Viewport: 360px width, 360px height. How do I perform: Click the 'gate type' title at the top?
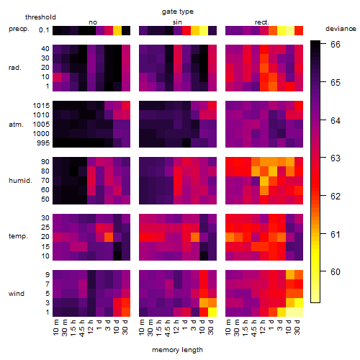click(x=178, y=12)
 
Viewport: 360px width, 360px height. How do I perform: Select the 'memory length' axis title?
click(x=178, y=350)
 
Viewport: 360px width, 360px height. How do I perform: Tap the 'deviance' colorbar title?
click(x=341, y=29)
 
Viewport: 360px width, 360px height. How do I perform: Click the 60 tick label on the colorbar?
click(x=336, y=272)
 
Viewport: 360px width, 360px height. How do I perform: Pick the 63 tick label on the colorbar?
click(x=336, y=158)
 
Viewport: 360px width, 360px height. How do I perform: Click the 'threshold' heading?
click(x=40, y=17)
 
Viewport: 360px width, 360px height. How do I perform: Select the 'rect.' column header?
click(x=262, y=22)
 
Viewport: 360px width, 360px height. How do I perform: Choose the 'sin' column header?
click(x=177, y=22)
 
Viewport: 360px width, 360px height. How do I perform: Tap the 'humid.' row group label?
click(x=20, y=181)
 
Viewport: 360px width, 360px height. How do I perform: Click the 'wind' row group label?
click(x=17, y=294)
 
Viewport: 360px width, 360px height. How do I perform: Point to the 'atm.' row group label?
click(x=16, y=125)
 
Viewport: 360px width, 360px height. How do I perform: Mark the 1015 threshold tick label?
click(x=41, y=106)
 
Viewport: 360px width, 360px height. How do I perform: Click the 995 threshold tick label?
click(x=43, y=143)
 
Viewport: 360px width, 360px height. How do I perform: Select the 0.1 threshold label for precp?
click(x=44, y=30)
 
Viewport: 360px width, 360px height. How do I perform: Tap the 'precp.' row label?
click(x=19, y=29)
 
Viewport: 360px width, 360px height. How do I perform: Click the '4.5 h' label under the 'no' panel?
click(x=82, y=328)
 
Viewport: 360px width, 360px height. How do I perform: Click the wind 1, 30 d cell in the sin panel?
click(x=212, y=312)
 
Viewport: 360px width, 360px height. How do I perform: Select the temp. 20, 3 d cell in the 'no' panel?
click(x=109, y=237)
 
